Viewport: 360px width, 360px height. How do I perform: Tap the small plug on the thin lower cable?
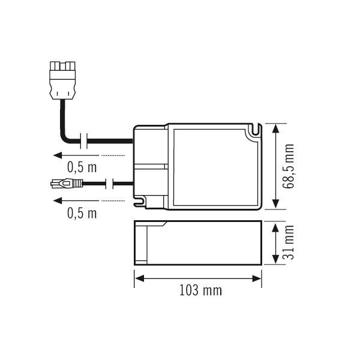[62, 182]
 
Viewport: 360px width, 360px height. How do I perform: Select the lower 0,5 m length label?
[82, 212]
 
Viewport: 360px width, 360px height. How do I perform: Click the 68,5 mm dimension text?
[290, 166]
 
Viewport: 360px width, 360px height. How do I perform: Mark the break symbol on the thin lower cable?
[110, 182]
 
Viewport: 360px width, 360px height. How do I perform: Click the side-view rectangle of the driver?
[198, 242]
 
